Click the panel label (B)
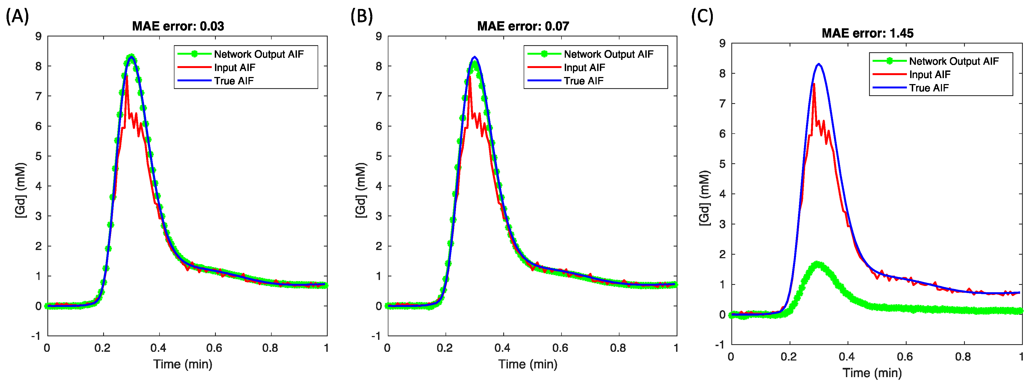[x=361, y=17]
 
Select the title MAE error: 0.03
[x=178, y=26]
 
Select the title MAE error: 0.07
[x=523, y=26]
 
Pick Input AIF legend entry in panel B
[x=584, y=68]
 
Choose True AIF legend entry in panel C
[x=929, y=88]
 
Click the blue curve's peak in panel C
[x=818, y=64]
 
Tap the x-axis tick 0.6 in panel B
[x=560, y=348]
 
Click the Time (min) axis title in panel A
[x=183, y=364]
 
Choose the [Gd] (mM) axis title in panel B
[x=361, y=190]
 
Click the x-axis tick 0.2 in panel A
[x=103, y=348]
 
